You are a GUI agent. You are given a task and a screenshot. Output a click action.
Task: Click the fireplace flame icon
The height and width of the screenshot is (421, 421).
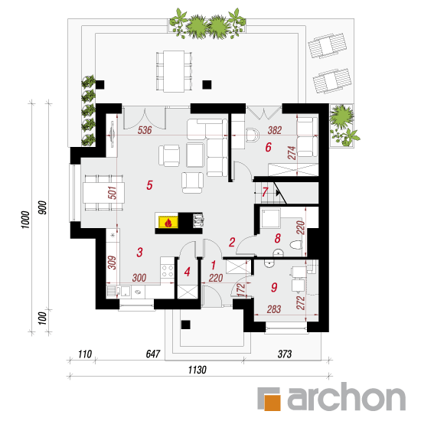pos(168,223)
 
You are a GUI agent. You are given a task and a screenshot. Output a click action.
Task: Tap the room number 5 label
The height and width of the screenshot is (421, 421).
pos(149,185)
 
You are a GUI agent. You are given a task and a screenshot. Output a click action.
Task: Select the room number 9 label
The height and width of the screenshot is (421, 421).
pos(274,287)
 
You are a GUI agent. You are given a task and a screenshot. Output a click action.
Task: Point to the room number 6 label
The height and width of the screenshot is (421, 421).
pos(268,147)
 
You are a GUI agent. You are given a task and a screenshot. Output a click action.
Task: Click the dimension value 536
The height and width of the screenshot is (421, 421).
pos(145,130)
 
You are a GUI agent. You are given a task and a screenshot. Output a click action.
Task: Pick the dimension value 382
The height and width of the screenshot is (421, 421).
pos(275,130)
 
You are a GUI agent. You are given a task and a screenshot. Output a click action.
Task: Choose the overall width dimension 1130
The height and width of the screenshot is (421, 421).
pos(197,370)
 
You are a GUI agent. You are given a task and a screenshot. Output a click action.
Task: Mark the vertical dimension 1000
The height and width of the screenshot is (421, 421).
pos(25,220)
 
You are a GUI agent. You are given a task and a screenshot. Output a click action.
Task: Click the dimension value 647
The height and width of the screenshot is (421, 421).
pos(153,354)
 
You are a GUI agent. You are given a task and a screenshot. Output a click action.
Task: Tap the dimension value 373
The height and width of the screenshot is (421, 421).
pos(285,354)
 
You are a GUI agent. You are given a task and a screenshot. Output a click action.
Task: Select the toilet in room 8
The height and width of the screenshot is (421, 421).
pos(296,245)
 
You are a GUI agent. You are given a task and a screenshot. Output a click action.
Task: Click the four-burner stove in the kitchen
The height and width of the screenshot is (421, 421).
pos(168,271)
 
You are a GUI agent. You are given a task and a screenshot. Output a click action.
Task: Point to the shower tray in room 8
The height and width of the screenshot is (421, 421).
pos(271,217)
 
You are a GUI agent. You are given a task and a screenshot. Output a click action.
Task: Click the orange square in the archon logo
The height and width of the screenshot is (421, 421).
pos(273,402)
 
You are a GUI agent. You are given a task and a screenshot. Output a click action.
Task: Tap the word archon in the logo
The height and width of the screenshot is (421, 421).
pos(346,397)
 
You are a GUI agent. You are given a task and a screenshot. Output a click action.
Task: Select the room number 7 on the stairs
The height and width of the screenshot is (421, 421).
pos(265,191)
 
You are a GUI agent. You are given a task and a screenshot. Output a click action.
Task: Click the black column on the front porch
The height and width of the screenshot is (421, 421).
pos(186,325)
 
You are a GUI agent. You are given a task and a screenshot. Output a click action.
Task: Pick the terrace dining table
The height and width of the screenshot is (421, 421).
pos(174,71)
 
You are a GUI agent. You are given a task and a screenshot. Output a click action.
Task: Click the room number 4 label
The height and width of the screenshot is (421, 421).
pos(187,272)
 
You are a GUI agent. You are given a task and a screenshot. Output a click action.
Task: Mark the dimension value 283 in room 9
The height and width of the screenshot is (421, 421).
pos(274,309)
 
